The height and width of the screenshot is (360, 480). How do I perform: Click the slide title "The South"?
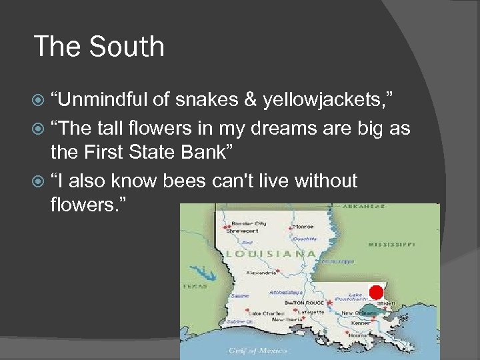pyautogui.click(x=99, y=47)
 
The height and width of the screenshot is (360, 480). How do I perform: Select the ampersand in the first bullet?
pyautogui.click(x=250, y=101)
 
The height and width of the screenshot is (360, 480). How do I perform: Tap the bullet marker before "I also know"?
pyautogui.click(x=40, y=181)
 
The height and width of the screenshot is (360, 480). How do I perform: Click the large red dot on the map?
pyautogui.click(x=376, y=292)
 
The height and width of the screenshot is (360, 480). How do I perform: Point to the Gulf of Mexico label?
pyautogui.click(x=257, y=350)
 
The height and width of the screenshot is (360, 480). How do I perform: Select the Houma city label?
pyautogui.click(x=358, y=336)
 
